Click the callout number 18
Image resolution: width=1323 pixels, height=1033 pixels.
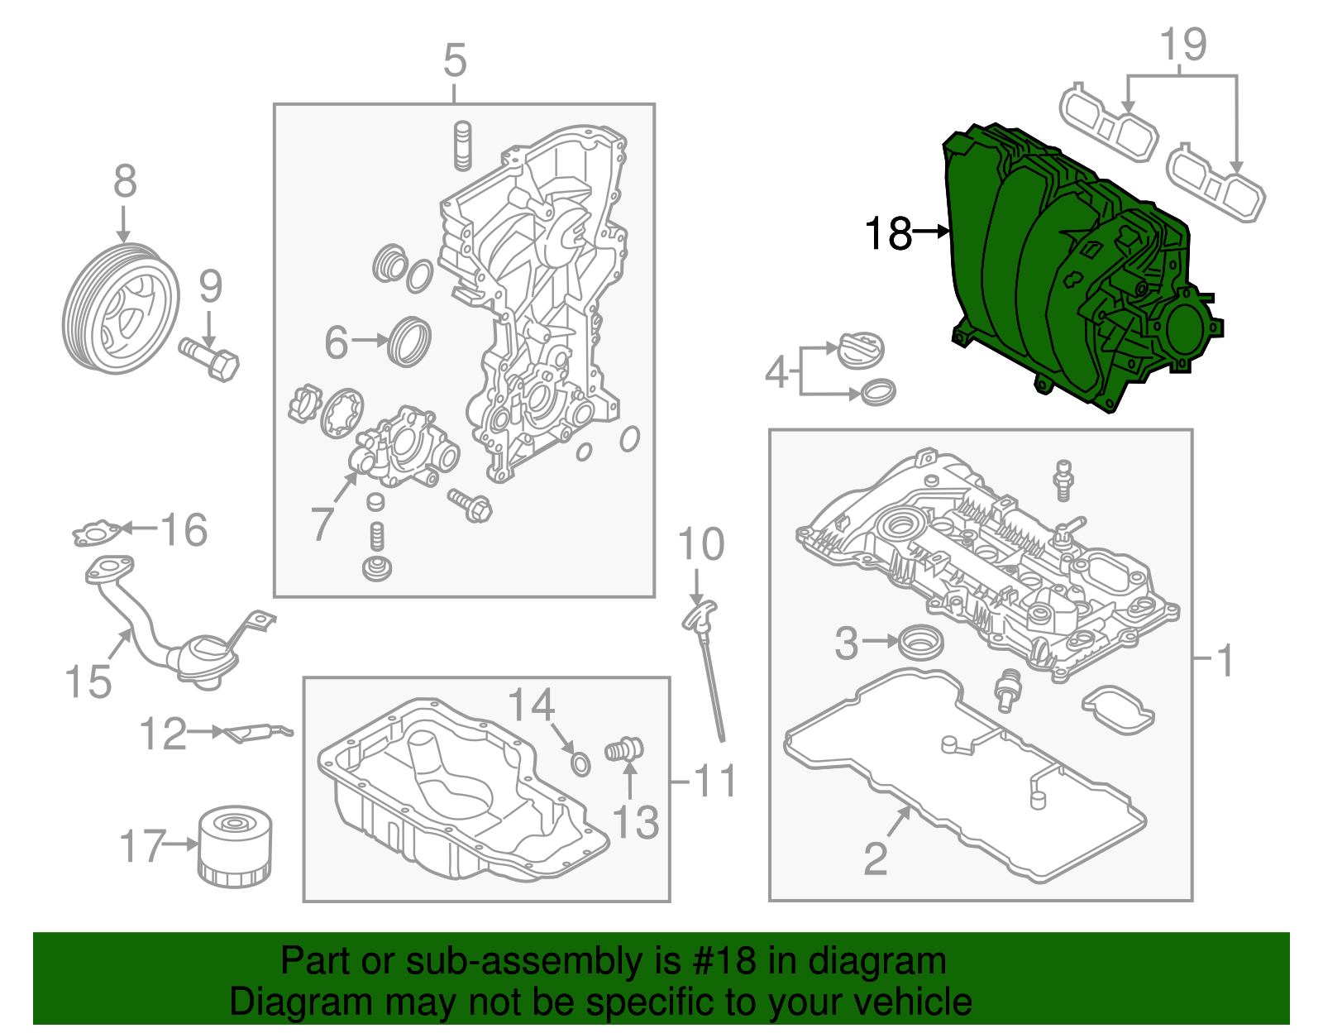click(x=888, y=234)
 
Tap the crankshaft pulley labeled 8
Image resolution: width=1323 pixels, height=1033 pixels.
click(x=121, y=309)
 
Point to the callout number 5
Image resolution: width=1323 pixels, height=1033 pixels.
click(x=455, y=61)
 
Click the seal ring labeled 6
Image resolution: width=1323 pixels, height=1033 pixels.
click(x=410, y=341)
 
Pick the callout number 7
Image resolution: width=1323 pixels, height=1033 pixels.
click(x=322, y=523)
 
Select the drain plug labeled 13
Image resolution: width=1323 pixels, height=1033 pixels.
click(x=625, y=749)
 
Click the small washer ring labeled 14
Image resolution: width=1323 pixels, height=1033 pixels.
click(x=581, y=763)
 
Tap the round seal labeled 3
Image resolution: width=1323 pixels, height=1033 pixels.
click(x=919, y=643)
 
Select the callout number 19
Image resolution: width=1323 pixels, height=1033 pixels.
click(x=1183, y=45)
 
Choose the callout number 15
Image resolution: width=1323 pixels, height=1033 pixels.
click(x=88, y=681)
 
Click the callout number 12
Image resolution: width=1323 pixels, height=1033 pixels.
click(x=163, y=734)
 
